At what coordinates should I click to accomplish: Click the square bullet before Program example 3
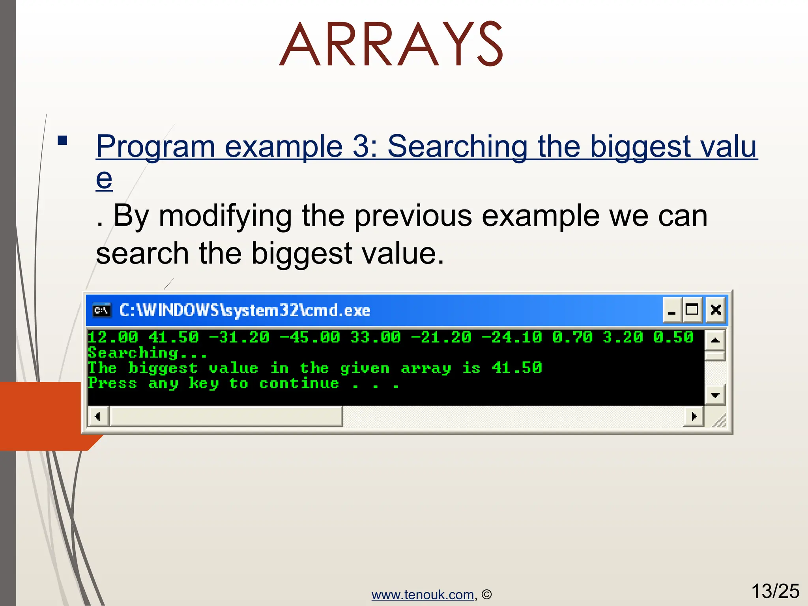(x=62, y=141)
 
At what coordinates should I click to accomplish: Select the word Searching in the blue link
(x=458, y=146)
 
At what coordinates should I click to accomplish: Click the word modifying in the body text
(x=225, y=216)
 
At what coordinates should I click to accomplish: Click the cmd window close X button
(x=716, y=310)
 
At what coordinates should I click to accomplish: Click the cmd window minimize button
(x=671, y=310)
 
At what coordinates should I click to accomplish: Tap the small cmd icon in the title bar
(x=102, y=310)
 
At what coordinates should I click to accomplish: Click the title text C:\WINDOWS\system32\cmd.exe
(x=245, y=310)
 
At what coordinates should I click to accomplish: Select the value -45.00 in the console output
(x=310, y=337)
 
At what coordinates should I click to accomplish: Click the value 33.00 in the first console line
(x=375, y=337)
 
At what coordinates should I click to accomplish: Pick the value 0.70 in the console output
(x=572, y=337)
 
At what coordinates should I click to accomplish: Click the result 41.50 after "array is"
(x=517, y=368)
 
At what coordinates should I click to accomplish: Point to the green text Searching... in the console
(x=147, y=353)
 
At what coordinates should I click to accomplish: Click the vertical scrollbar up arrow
(x=715, y=340)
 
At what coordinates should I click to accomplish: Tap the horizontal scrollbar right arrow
(x=694, y=416)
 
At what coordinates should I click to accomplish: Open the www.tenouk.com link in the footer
(x=423, y=595)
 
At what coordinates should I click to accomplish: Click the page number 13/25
(x=775, y=591)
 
